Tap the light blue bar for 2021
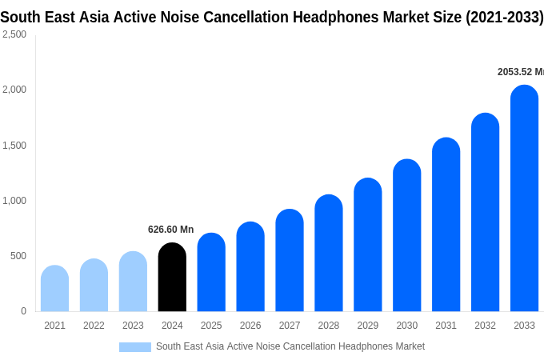(x=54, y=289)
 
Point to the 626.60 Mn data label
(x=170, y=230)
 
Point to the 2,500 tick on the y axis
(x=14, y=34)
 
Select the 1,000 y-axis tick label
(x=14, y=201)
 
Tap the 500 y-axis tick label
(x=18, y=256)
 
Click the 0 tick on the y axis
(x=23, y=311)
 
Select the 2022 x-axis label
(x=94, y=326)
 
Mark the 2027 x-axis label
(x=290, y=326)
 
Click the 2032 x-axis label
(x=485, y=326)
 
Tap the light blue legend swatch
(x=134, y=346)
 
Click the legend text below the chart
(x=290, y=346)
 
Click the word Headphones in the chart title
(x=341, y=17)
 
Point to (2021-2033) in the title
(x=504, y=17)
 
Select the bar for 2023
(x=133, y=282)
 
